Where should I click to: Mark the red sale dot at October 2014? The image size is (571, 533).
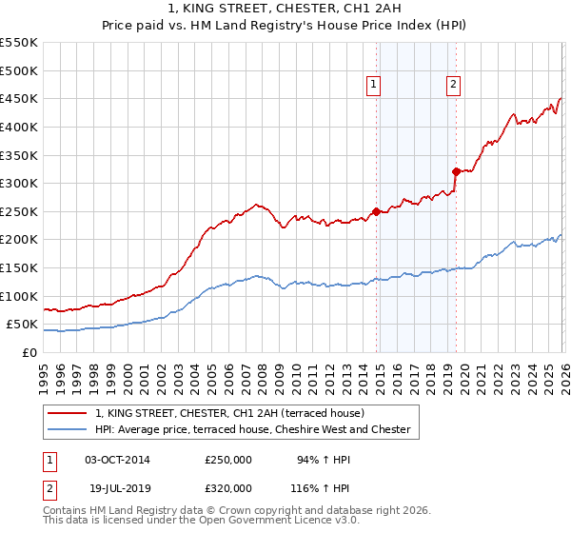376,211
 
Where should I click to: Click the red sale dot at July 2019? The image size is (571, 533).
457,171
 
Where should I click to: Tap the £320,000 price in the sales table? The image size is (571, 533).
228,487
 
